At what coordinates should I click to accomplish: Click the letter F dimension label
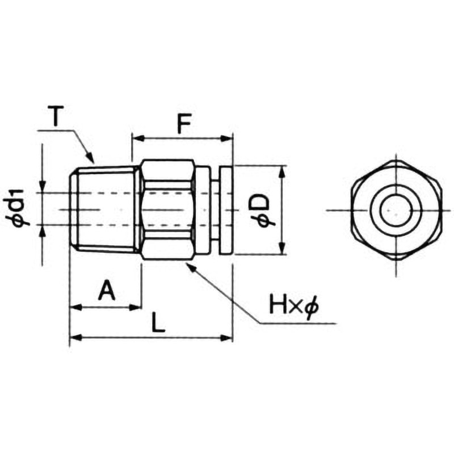(x=182, y=123)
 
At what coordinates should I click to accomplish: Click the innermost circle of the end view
(x=392, y=210)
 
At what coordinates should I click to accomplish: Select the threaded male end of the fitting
(x=105, y=209)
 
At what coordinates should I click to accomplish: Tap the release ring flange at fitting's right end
(x=225, y=210)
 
